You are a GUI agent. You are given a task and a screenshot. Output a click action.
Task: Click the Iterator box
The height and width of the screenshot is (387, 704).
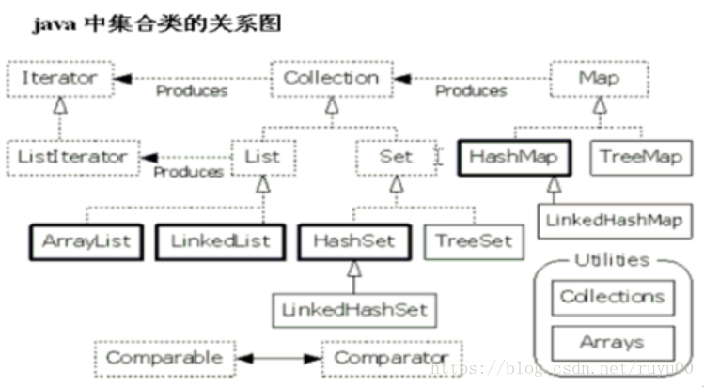click(59, 77)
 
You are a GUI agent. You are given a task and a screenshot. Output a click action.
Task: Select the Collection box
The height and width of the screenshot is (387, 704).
click(330, 77)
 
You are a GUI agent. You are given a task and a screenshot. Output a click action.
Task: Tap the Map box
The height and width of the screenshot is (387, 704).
click(599, 77)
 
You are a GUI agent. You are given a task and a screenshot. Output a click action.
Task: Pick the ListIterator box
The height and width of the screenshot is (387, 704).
click(71, 156)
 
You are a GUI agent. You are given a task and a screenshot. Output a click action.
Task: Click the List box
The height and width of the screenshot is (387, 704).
click(262, 156)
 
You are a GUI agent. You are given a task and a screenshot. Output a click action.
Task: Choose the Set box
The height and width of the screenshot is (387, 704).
click(396, 156)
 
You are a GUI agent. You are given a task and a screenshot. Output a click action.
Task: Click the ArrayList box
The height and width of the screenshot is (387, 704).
click(86, 240)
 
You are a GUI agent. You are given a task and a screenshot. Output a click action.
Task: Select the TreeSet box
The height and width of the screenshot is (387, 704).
click(474, 240)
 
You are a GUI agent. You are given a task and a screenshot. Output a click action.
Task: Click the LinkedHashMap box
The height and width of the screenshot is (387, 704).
click(611, 222)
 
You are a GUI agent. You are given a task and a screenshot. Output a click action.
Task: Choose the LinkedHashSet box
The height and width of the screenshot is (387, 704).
click(352, 308)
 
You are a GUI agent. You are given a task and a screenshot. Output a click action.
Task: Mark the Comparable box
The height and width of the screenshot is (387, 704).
click(164, 358)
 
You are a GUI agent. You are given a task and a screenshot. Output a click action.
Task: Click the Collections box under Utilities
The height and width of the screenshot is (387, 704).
click(612, 297)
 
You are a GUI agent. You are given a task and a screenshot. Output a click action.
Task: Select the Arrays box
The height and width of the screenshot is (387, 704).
click(612, 342)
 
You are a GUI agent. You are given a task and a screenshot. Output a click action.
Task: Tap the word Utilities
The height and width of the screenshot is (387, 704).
click(611, 259)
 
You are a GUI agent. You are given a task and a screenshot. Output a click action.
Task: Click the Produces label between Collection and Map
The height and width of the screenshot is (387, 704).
click(470, 91)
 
